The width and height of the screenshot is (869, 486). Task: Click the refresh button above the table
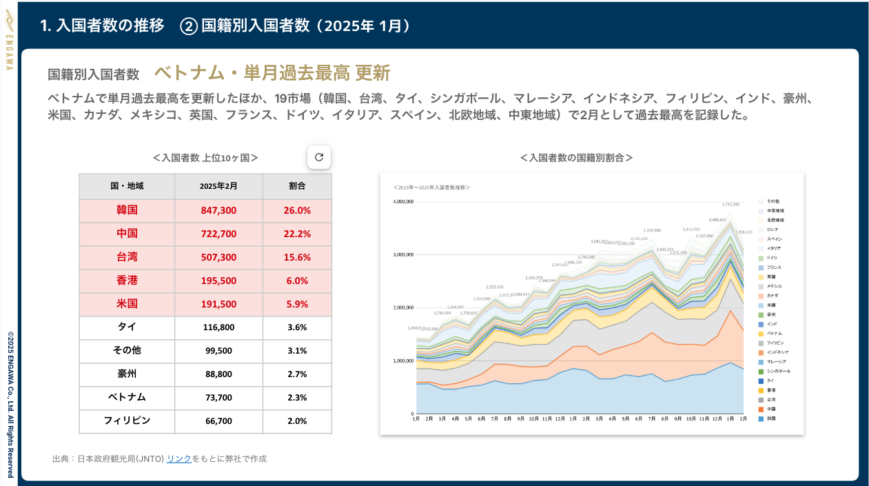pyautogui.click(x=318, y=157)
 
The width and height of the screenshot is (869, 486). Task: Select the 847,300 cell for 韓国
pyautogui.click(x=218, y=210)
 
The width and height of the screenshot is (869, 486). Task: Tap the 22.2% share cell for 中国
pyautogui.click(x=297, y=234)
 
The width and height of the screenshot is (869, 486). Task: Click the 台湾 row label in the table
pyautogui.click(x=127, y=257)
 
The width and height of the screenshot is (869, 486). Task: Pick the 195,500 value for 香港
pyautogui.click(x=218, y=281)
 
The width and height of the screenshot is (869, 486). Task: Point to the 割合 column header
pyautogui.click(x=297, y=186)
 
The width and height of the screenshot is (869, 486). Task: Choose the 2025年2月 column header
pyautogui.click(x=218, y=186)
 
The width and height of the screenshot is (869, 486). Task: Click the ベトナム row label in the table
pyautogui.click(x=127, y=397)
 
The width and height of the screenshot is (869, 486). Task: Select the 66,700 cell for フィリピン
pyautogui.click(x=218, y=421)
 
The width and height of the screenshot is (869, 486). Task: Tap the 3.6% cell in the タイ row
pyautogui.click(x=297, y=327)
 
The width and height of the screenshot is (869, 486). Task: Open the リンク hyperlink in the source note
pyautogui.click(x=179, y=458)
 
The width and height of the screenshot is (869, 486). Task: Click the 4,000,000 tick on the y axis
pyautogui.click(x=402, y=202)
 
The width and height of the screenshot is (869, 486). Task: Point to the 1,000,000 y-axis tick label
pyautogui.click(x=402, y=361)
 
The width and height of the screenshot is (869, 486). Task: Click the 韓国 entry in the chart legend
pyautogui.click(x=772, y=418)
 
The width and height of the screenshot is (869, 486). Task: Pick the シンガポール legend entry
pyautogui.click(x=779, y=371)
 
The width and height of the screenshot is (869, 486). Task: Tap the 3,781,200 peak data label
pyautogui.click(x=730, y=205)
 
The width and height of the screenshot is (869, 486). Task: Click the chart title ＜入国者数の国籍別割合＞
pyautogui.click(x=577, y=158)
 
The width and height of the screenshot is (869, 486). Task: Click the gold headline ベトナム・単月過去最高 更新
pyautogui.click(x=272, y=73)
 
